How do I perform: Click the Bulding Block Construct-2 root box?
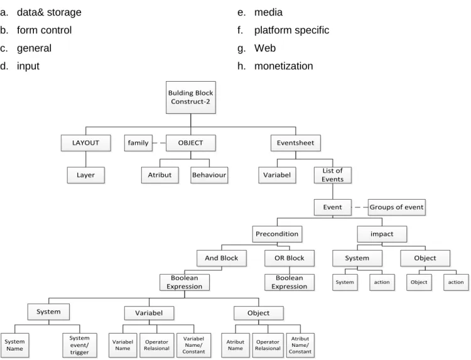tap(191, 97)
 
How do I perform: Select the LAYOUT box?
tap(85, 143)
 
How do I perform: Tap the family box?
tap(138, 143)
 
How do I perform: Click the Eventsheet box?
tap(296, 143)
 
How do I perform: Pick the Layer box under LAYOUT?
tap(85, 175)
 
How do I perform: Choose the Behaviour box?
tap(209, 175)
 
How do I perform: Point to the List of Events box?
tap(332, 175)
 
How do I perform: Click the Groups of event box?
tap(396, 207)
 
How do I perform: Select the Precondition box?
tap(277, 234)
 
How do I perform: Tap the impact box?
tap(382, 234)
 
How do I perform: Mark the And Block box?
tap(222, 258)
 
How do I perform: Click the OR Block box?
tap(290, 258)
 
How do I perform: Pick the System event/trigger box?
tap(80, 345)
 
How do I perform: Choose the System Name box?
tap(14, 345)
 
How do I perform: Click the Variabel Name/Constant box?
tap(193, 345)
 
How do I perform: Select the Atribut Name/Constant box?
tap(300, 345)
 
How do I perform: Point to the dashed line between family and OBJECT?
tap(159, 143)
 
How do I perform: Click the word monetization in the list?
tap(284, 66)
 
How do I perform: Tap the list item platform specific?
tap(291, 30)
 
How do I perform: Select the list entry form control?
tap(44, 30)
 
